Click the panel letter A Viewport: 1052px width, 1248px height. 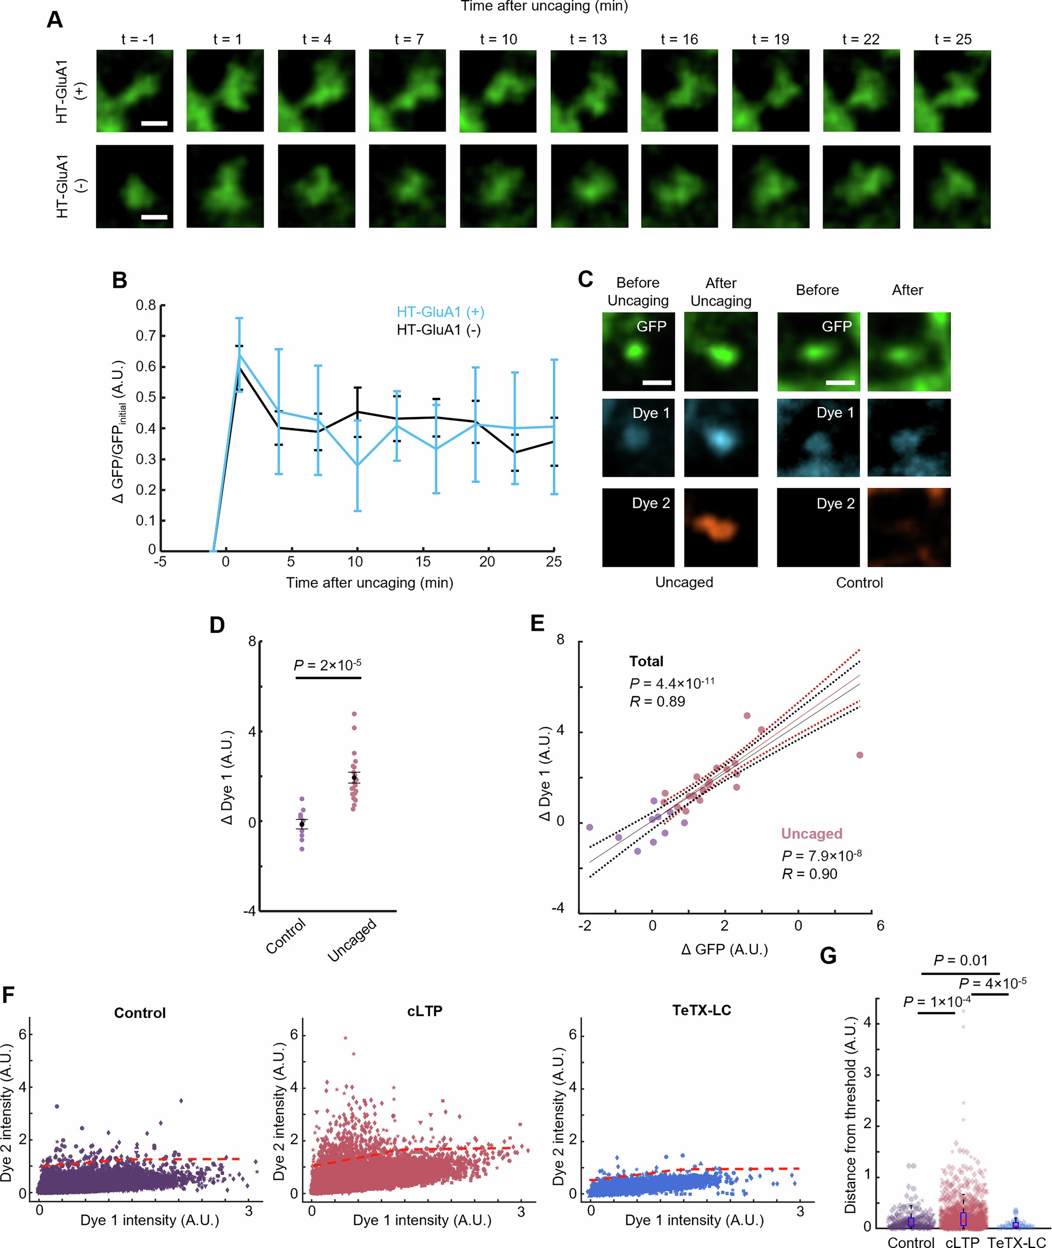pyautogui.click(x=54, y=20)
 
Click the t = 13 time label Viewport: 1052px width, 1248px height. pyautogui.click(x=588, y=39)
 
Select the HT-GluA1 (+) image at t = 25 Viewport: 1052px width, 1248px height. pyautogui.click(x=952, y=91)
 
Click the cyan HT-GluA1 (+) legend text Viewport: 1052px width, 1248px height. pyautogui.click(x=440, y=312)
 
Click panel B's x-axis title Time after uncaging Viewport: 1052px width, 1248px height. pyautogui.click(x=369, y=583)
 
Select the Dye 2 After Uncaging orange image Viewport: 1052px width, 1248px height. pyautogui.click(x=720, y=527)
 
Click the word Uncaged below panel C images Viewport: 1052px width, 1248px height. pyautogui.click(x=684, y=582)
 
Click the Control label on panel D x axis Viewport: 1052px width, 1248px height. pyautogui.click(x=286, y=936)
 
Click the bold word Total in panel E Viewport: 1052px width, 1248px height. pyautogui.click(x=646, y=661)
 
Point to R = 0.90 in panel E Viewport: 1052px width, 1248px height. pyautogui.click(x=810, y=874)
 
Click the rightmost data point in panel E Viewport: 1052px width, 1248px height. pyautogui.click(x=859, y=755)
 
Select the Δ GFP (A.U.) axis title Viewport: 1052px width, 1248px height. pyautogui.click(x=724, y=949)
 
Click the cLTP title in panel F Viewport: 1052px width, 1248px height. pyautogui.click(x=425, y=1011)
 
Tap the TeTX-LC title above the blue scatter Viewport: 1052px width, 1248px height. pyautogui.click(x=701, y=1010)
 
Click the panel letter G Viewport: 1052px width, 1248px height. pyautogui.click(x=828, y=956)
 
